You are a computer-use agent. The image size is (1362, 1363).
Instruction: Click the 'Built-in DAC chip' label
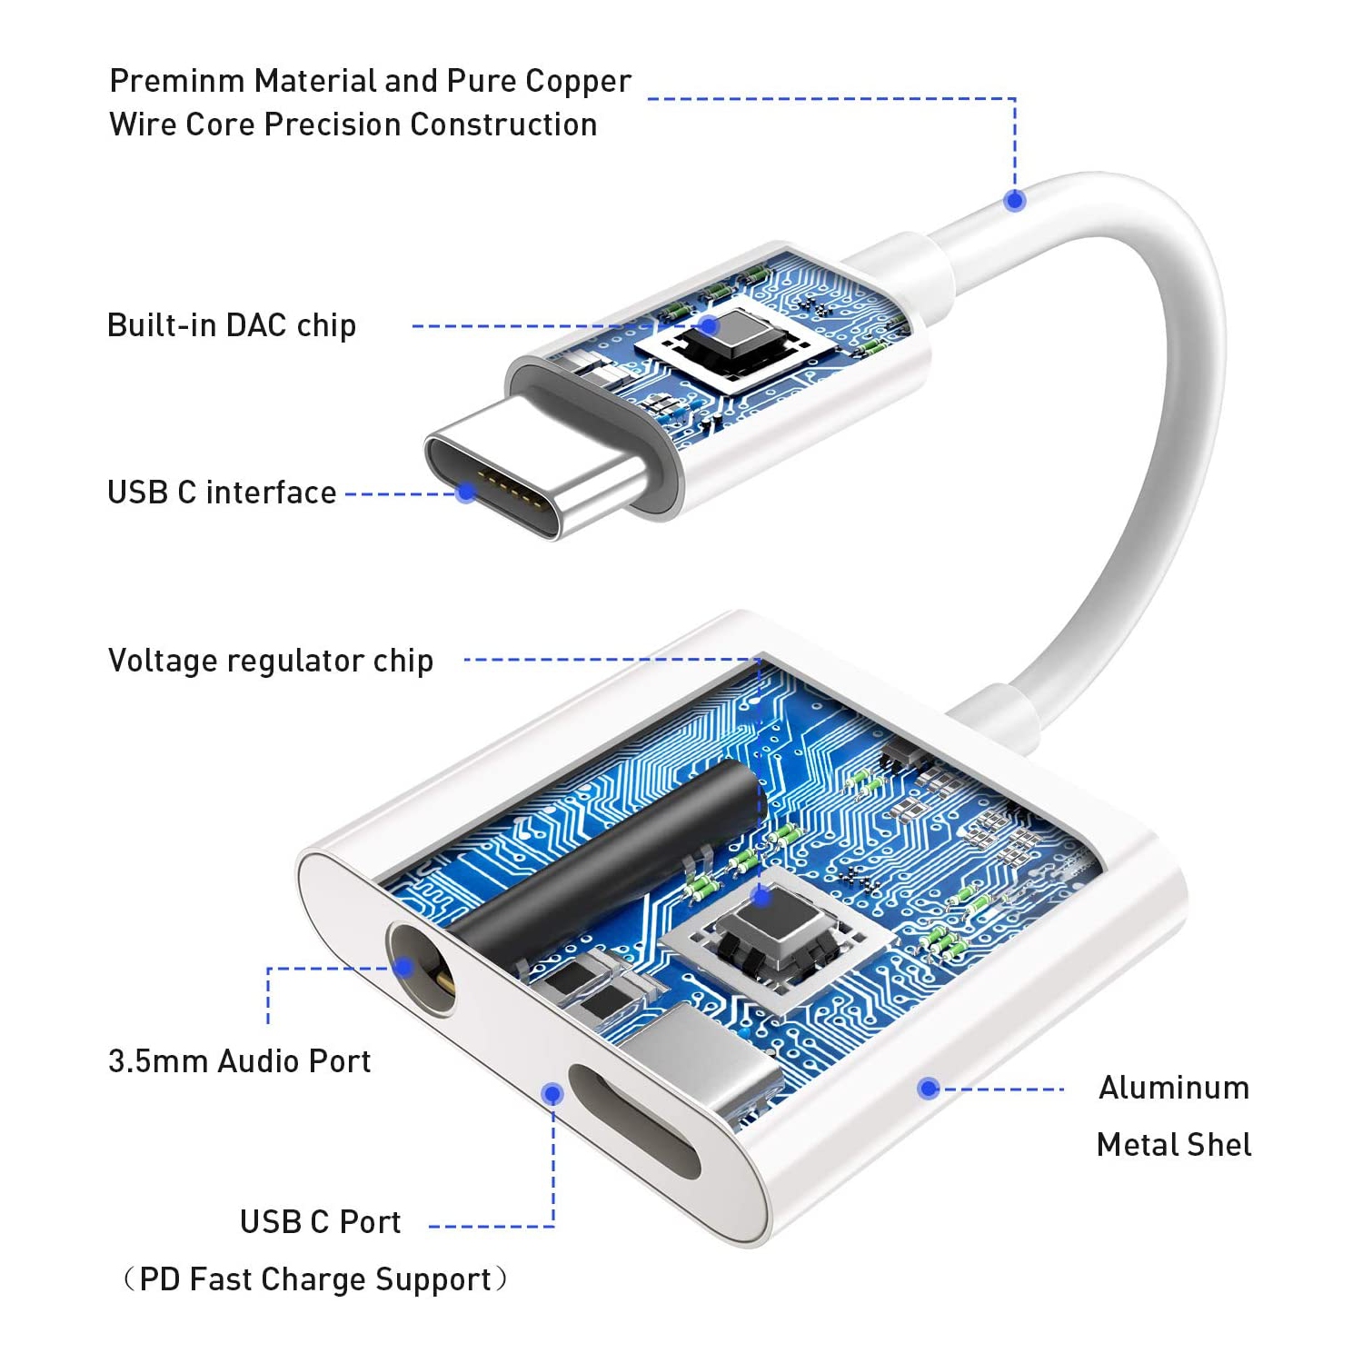231,325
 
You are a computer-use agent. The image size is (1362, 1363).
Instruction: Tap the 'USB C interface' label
222,492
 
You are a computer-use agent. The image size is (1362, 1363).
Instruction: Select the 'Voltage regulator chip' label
270,661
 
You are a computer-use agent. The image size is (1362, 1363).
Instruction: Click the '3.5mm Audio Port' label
239,1060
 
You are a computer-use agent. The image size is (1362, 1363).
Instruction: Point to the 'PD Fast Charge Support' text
314,1279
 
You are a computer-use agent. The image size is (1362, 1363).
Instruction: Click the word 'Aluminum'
1174,1088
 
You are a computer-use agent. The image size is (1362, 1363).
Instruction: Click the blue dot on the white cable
1015,200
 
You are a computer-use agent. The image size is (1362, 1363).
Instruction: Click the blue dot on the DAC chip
709,325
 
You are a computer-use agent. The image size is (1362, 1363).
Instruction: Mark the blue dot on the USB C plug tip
466,492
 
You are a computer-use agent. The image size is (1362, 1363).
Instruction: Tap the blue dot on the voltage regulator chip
761,898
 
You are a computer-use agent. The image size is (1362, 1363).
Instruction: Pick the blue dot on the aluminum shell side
928,1088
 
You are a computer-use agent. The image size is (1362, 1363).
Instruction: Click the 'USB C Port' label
320,1222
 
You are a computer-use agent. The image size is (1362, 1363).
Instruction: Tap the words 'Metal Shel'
1174,1145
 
